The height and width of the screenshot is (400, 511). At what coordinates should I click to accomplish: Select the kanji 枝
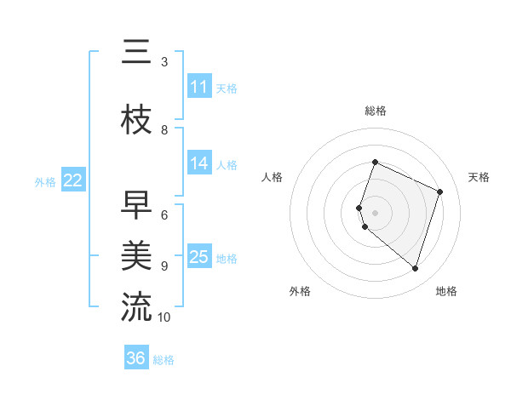(x=136, y=121)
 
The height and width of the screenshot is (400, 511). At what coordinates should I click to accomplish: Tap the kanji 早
(x=136, y=205)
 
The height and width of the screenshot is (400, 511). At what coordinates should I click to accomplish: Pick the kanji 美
(x=136, y=255)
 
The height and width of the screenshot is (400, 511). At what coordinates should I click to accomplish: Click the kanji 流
(x=136, y=307)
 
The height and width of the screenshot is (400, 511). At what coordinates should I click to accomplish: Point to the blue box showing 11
(x=199, y=87)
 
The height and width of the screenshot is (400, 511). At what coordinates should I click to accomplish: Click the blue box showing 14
(x=199, y=163)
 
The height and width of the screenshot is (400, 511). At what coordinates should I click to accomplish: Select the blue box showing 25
(x=199, y=257)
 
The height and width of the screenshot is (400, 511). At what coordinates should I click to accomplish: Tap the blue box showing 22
(x=73, y=180)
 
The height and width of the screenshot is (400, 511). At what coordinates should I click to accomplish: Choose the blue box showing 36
(x=136, y=358)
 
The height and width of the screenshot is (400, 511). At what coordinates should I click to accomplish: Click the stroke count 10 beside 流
(x=164, y=317)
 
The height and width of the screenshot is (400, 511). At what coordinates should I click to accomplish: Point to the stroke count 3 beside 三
(x=164, y=62)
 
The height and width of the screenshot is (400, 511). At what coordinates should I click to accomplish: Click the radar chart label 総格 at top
(x=376, y=111)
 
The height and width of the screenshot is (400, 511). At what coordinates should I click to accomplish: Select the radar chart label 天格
(x=479, y=177)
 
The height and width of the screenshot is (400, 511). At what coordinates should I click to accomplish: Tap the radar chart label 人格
(x=273, y=177)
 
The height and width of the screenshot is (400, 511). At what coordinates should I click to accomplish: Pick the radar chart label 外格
(x=300, y=291)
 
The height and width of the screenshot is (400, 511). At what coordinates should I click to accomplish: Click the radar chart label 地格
(x=446, y=291)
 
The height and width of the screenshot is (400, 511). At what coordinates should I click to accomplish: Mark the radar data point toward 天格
(x=440, y=191)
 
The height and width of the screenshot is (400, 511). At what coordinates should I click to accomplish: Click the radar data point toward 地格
(x=415, y=268)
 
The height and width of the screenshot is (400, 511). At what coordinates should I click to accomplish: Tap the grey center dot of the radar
(x=376, y=212)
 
